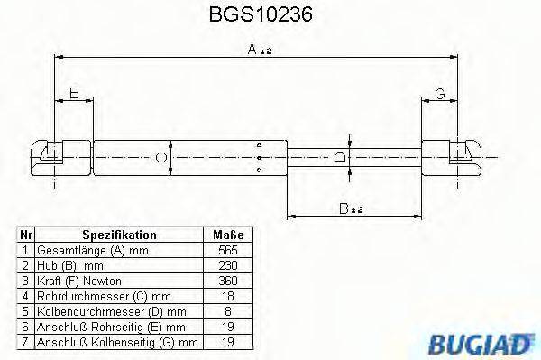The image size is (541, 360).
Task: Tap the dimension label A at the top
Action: pyautogui.click(x=256, y=51)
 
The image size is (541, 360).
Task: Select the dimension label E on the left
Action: pyautogui.click(x=74, y=93)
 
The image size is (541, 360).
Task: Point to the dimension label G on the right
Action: pyautogui.click(x=439, y=93)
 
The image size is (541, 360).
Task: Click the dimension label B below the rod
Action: pyautogui.click(x=350, y=210)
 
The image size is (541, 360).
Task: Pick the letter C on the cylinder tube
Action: pyautogui.click(x=160, y=159)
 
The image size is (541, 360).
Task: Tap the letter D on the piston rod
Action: pyautogui.click(x=340, y=158)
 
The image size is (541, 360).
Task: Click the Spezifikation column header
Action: pyautogui.click(x=120, y=235)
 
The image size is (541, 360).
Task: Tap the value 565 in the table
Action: pyautogui.click(x=229, y=249)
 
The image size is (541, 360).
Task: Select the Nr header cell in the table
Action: pyautogui.click(x=26, y=235)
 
